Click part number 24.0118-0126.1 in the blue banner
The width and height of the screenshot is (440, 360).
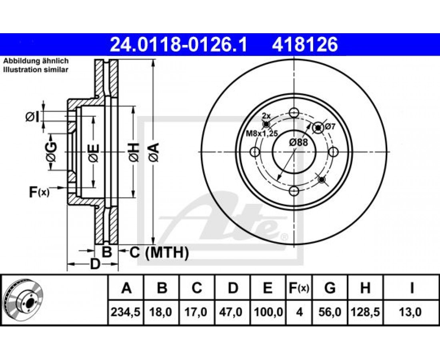(x=178, y=45)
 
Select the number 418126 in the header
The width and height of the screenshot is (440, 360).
(x=305, y=45)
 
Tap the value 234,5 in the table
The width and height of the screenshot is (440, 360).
(x=126, y=312)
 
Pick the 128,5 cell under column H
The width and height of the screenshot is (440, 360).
(x=365, y=312)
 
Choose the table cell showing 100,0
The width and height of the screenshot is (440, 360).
(x=268, y=312)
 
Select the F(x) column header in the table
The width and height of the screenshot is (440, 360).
(x=299, y=288)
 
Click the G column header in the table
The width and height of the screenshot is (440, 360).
(x=330, y=288)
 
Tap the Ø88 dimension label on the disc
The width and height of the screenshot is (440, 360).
(x=298, y=142)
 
